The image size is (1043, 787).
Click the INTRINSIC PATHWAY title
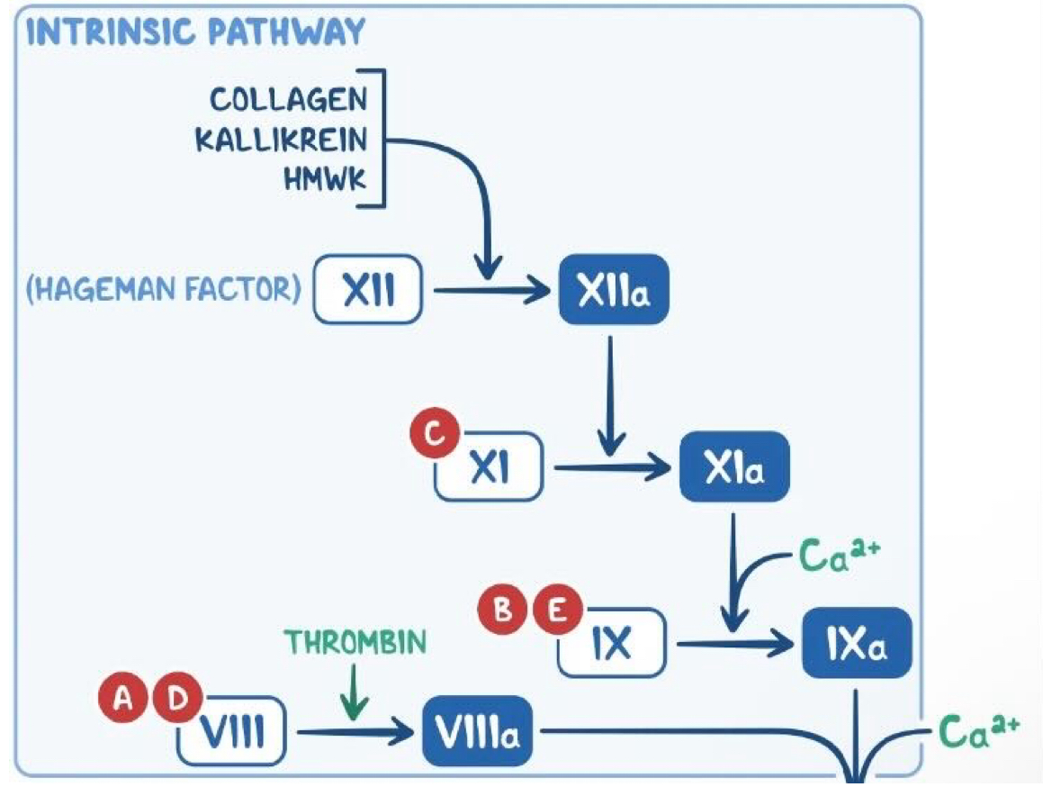[196, 32]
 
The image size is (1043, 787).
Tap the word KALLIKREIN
[282, 140]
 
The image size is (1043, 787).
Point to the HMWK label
[326, 180]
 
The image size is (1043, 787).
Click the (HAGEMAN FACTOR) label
[164, 292]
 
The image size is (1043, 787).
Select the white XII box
[369, 292]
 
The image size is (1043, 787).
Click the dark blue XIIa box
[615, 291]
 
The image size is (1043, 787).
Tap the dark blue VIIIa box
[477, 732]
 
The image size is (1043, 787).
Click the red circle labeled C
[434, 436]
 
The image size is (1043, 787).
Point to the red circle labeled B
[504, 611]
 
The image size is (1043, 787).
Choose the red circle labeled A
[128, 700]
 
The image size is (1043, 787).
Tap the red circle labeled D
[179, 700]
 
